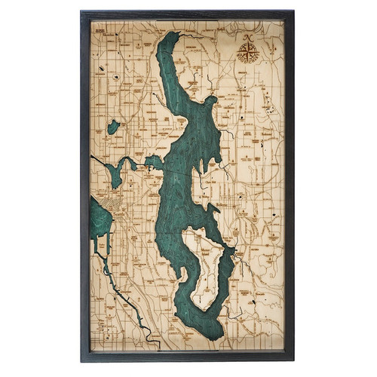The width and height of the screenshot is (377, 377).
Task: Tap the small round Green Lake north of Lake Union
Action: pyautogui.click(x=113, y=127)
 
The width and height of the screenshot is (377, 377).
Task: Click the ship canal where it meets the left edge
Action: pyautogui.click(x=92, y=157)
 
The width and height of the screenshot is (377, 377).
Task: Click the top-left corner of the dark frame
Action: pyautogui.click(x=81, y=11)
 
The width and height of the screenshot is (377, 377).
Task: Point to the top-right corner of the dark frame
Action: pyautogui.click(x=294, y=11)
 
